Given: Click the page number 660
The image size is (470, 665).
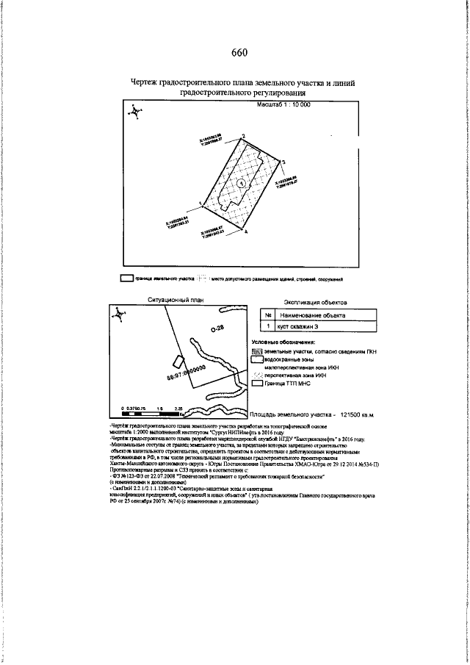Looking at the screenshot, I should (239, 52).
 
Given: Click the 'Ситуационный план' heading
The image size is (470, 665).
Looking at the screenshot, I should (173, 301).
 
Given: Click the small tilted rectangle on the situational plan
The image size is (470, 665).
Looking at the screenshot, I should (177, 362).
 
